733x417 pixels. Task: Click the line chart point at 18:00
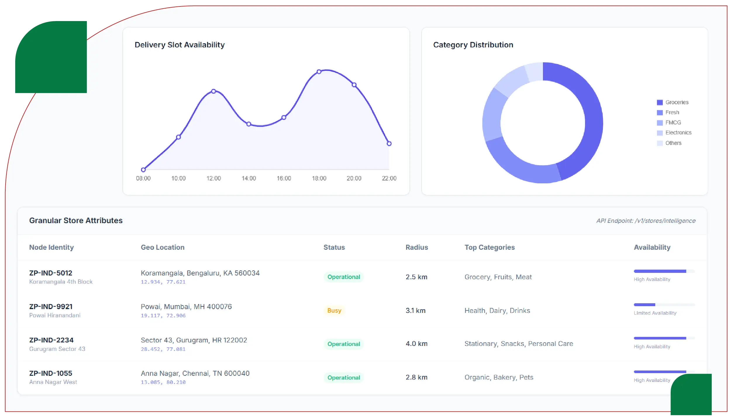tap(319, 72)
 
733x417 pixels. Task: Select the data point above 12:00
tap(214, 91)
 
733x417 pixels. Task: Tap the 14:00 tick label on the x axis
tap(249, 178)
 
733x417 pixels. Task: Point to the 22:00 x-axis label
tap(389, 178)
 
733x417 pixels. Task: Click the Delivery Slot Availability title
tap(180, 45)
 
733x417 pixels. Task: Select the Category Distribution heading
tap(473, 45)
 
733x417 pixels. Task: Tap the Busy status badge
tap(334, 311)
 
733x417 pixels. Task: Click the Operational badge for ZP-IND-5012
tap(344, 277)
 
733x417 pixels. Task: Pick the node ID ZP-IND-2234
tap(51, 340)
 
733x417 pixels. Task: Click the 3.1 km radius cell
tap(415, 311)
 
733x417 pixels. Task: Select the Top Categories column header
tap(489, 247)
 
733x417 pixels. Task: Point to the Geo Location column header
tap(163, 247)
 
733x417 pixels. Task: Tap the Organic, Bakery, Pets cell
tap(499, 377)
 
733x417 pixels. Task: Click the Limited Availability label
tap(655, 313)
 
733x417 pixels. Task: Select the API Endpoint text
tap(646, 221)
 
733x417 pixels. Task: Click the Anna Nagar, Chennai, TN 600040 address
tap(195, 373)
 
